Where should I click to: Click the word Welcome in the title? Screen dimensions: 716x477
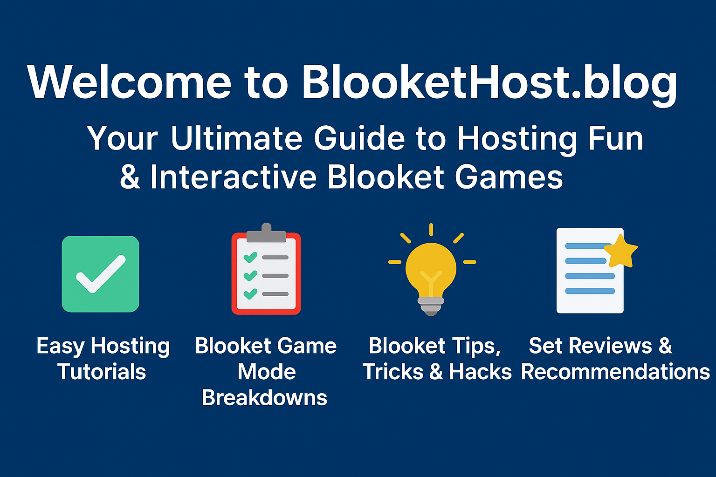[129, 82]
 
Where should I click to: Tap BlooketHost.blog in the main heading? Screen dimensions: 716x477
[489, 85]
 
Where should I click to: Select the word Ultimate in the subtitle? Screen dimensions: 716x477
[237, 138]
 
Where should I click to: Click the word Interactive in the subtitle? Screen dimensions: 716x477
[234, 177]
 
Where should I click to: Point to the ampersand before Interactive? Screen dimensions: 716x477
[130, 177]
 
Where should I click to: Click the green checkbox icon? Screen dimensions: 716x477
[100, 274]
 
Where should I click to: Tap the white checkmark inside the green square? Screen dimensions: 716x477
[101, 274]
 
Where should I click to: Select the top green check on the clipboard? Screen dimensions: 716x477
[250, 257]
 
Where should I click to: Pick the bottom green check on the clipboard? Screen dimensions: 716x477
[250, 293]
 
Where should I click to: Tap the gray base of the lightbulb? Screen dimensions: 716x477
[431, 307]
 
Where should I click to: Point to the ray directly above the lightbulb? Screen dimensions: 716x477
[431, 230]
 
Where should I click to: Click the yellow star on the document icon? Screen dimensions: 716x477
[621, 252]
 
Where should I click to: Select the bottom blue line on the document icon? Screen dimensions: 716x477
[590, 291]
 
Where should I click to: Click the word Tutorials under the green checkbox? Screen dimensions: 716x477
[102, 372]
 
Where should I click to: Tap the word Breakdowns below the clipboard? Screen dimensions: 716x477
[264, 398]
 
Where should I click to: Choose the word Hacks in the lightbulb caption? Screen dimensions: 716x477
[481, 372]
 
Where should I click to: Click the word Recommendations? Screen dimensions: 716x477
[616, 372]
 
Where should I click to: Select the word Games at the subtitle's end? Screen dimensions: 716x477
[509, 177]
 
